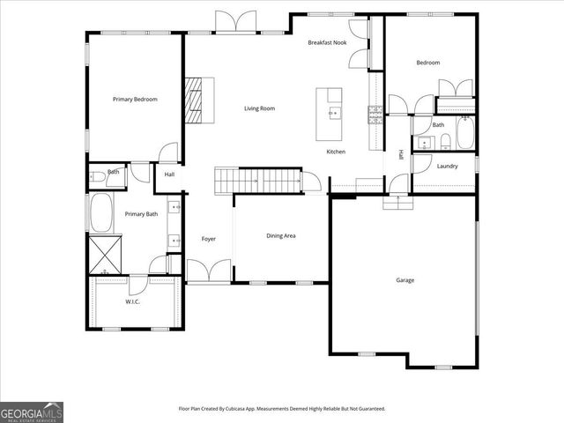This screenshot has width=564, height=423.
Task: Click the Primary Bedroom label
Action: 135,100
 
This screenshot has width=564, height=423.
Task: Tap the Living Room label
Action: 260,108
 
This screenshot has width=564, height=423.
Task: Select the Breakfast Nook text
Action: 327,43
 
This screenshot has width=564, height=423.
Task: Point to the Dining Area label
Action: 281,236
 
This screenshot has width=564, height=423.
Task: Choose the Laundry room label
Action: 447,166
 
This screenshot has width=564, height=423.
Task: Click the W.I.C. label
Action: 132,301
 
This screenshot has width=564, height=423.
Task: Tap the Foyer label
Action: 209,239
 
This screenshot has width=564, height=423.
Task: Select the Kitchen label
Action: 336,152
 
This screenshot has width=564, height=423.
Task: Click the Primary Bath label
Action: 140,214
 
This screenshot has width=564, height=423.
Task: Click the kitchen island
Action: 333,113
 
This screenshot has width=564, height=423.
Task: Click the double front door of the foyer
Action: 209,271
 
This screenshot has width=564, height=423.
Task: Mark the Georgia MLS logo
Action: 32,412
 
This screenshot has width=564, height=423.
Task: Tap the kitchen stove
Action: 375,111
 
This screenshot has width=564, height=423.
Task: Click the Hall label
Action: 169,174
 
